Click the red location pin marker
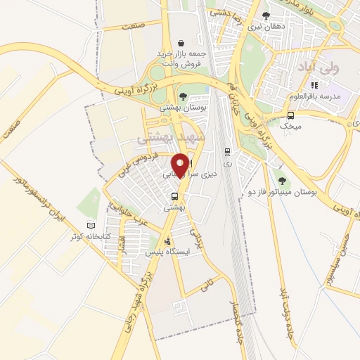pos(180,165)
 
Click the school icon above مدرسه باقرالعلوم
pos(314,85)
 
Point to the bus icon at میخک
pos(290,115)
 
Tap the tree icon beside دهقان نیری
pos(266,15)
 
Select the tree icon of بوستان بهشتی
pos(183,96)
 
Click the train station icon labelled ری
pos(226,150)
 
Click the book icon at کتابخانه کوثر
pos(90,226)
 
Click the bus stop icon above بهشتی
pos(174,197)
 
